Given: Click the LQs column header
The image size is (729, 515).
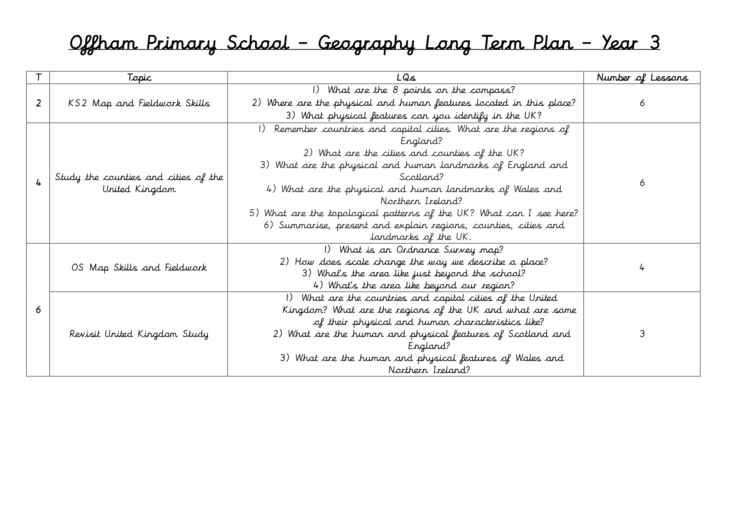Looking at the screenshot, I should point(405,78).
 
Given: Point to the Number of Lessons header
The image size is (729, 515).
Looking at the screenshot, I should point(642,78).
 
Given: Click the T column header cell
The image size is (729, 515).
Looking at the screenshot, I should point(38,78).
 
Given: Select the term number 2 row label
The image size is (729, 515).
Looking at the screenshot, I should point(38,103).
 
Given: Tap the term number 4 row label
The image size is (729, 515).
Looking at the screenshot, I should point(38,183).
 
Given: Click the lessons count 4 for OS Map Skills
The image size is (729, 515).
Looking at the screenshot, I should point(642,268).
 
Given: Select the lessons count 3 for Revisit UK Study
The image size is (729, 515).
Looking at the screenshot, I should point(642,334).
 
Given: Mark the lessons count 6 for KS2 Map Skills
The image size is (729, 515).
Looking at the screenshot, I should point(642,103).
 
